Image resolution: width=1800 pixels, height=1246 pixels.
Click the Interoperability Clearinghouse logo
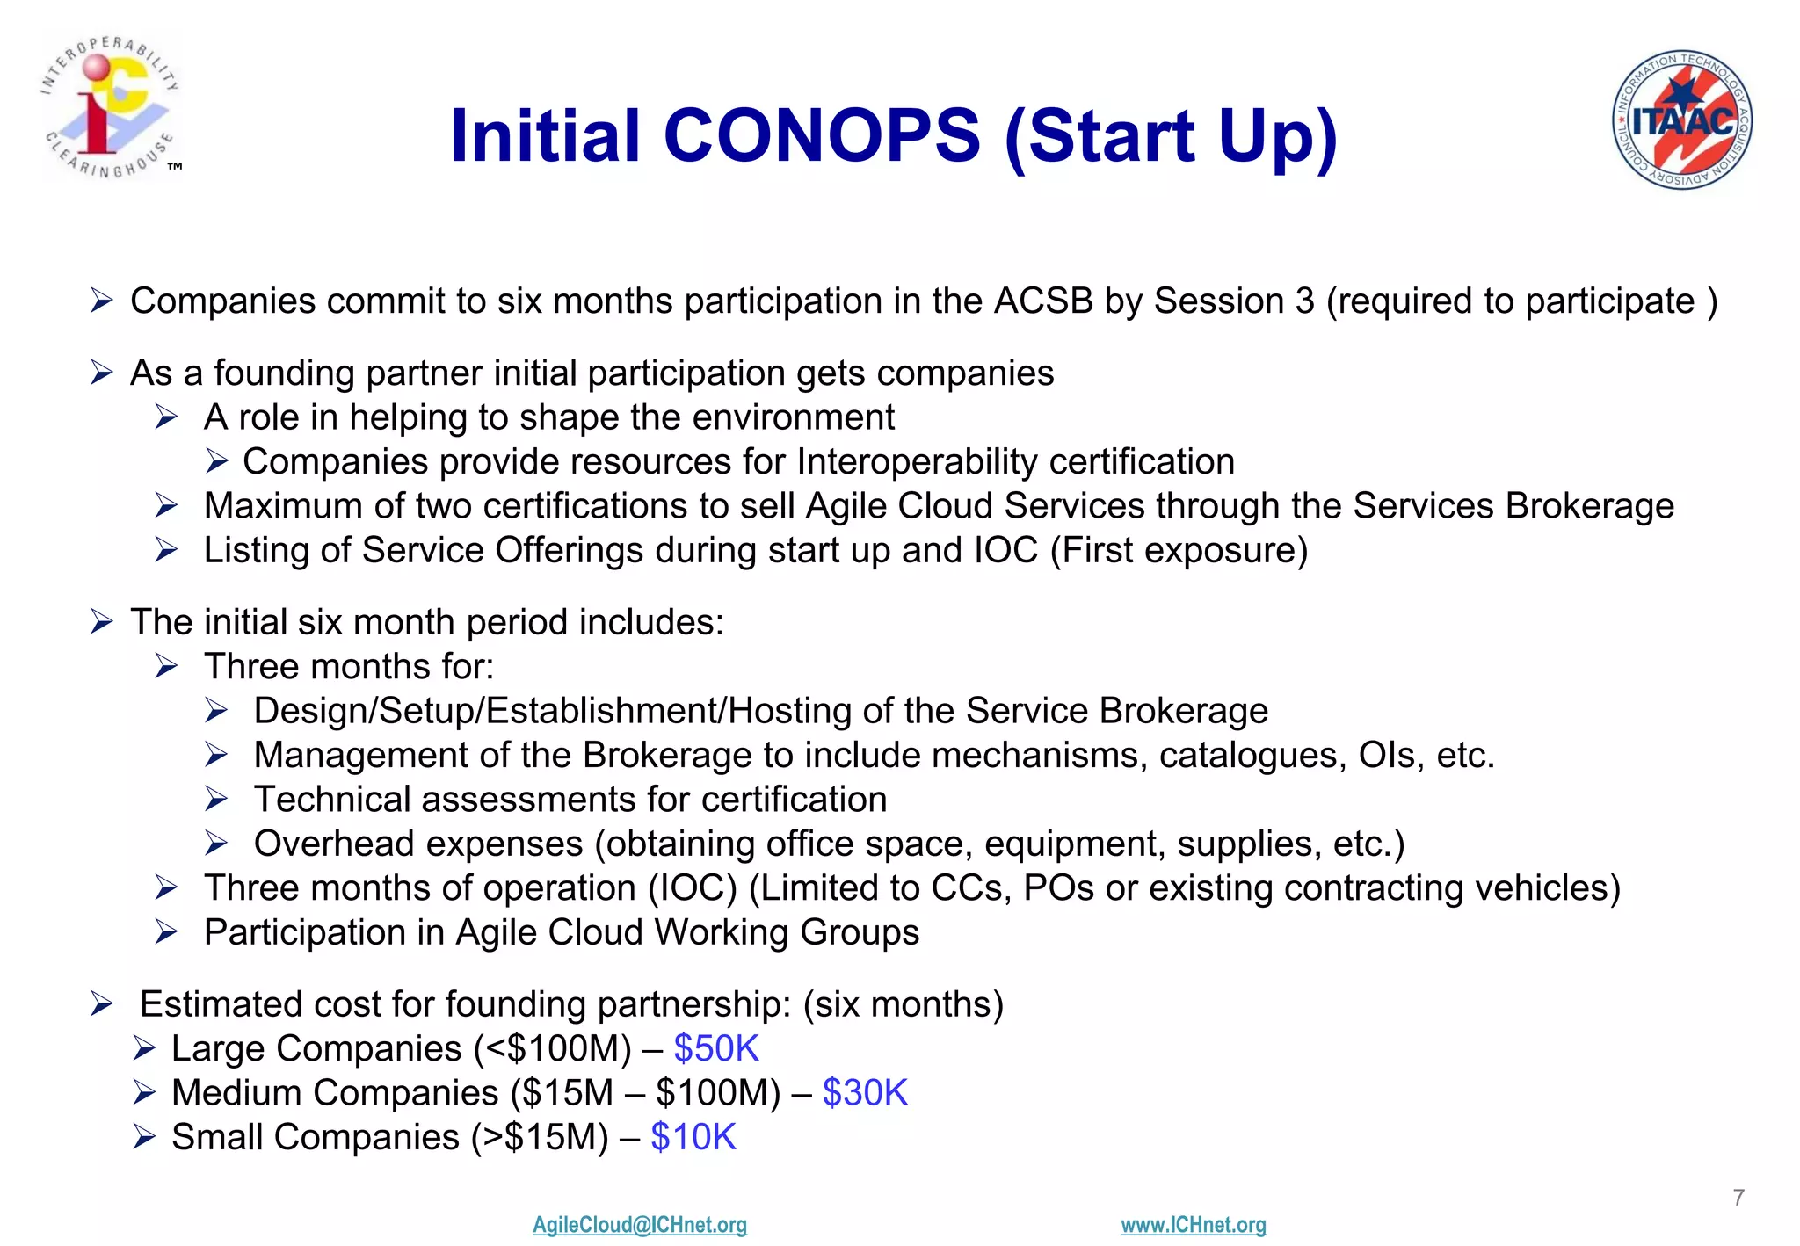coord(111,106)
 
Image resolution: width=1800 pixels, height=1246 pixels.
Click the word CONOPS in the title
coord(821,136)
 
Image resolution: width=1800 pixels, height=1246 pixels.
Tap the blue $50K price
coord(715,1049)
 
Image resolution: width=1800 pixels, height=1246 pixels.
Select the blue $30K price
coord(864,1093)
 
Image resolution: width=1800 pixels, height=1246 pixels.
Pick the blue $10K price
coord(693,1138)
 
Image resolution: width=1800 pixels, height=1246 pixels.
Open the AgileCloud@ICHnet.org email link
coord(639,1225)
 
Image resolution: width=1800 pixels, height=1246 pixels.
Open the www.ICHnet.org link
coord(1193,1225)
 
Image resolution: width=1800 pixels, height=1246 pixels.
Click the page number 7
coord(1738,1198)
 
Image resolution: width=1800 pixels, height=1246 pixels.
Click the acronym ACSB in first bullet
coord(1043,301)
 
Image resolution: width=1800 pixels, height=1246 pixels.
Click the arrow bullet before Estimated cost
coord(102,1004)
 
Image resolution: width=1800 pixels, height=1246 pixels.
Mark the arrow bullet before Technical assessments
coord(216,800)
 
